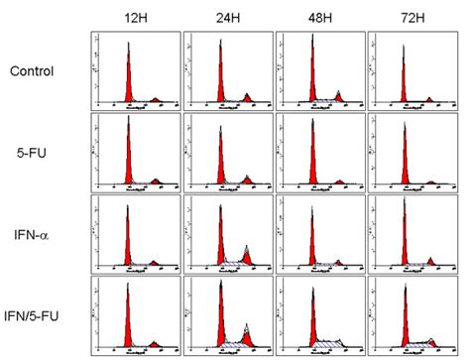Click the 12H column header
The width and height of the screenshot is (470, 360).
point(135,17)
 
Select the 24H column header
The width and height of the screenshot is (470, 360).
point(227,17)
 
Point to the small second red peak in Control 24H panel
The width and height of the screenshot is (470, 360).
point(247,98)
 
